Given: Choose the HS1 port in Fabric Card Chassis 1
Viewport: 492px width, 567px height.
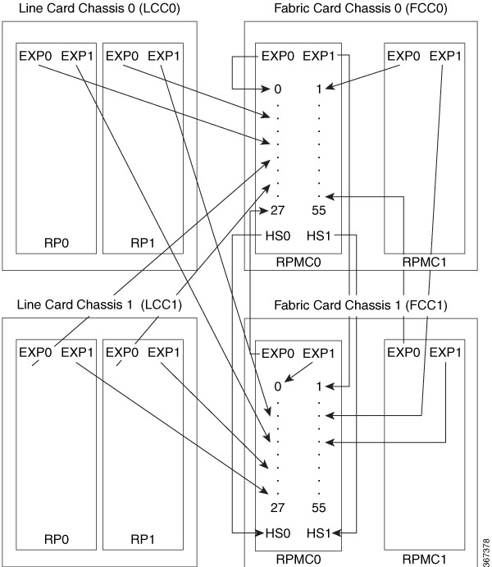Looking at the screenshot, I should tap(319, 533).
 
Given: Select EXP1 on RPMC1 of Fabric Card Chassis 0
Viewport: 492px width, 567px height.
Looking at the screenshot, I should tap(445, 57).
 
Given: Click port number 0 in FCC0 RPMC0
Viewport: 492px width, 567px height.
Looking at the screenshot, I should tap(278, 88).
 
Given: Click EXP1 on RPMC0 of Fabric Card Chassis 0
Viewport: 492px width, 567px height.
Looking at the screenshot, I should tap(319, 57).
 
